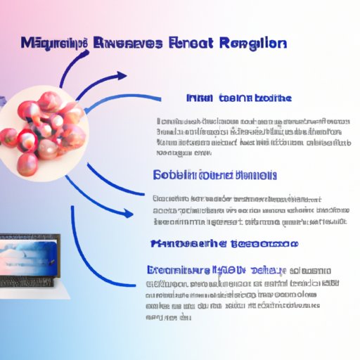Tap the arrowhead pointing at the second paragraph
(x=128, y=212)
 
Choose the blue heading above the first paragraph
(x=240, y=98)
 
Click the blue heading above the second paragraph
(x=214, y=174)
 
